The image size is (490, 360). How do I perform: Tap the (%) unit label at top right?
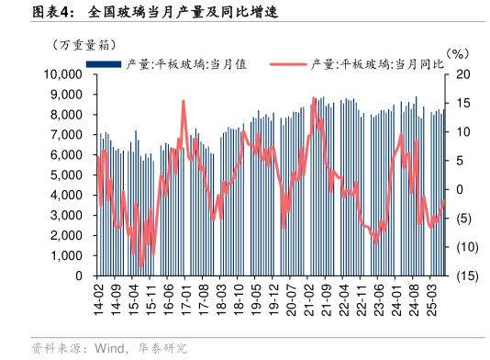coord(456,56)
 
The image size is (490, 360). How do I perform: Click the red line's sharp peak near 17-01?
coord(184,101)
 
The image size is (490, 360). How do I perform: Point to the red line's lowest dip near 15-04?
coord(140,267)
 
